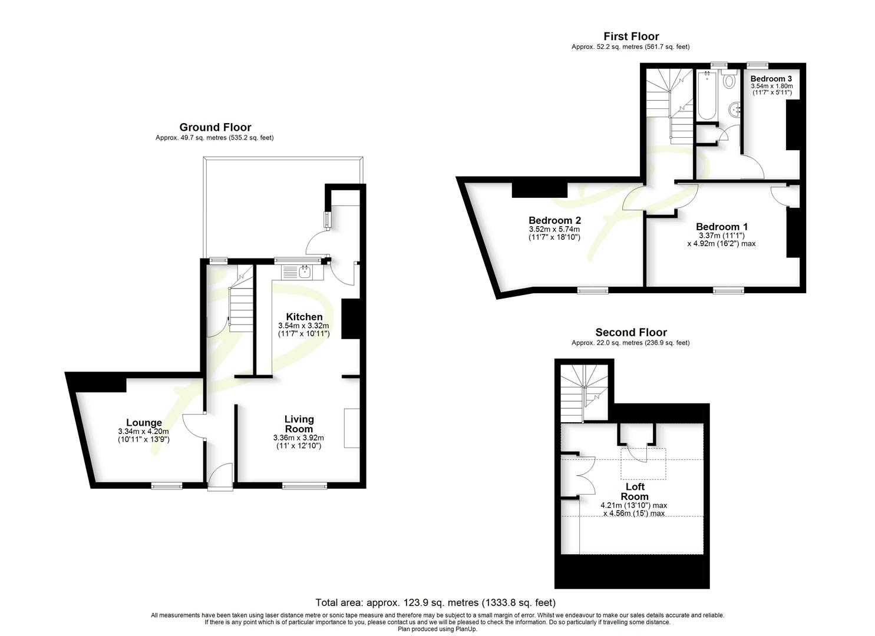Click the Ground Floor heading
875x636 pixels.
[215, 127]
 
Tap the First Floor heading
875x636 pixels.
[631, 37]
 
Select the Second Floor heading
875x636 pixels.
[631, 332]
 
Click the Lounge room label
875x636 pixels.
[144, 423]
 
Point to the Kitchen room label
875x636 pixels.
[304, 317]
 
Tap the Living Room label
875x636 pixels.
[299, 424]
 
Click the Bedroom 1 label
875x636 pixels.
[721, 227]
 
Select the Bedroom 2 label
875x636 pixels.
[554, 220]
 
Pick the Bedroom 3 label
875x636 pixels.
[771, 79]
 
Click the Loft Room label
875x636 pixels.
[635, 491]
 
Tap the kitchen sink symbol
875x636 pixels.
[304, 271]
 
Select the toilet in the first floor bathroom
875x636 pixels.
[731, 80]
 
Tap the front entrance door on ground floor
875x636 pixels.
[220, 476]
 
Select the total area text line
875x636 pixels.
[435, 602]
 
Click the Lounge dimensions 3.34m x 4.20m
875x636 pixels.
[144, 432]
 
